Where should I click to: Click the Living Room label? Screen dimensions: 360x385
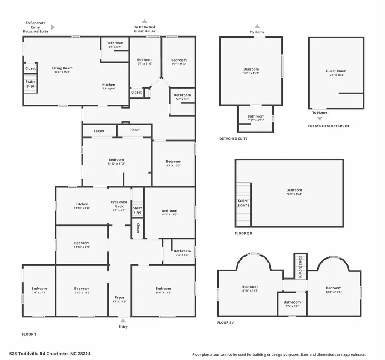[62, 68]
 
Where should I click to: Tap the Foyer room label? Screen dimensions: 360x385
[120, 298]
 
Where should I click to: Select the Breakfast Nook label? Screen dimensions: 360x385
[119, 202]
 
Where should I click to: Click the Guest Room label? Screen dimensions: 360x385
[336, 71]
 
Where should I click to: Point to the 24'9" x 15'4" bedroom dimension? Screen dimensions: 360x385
[294, 194]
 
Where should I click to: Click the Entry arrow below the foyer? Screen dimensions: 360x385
[123, 320]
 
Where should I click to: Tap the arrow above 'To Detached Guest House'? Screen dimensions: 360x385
[145, 21]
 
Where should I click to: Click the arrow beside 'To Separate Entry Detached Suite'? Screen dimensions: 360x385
[53, 27]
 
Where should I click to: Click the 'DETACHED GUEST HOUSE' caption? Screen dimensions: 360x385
[329, 126]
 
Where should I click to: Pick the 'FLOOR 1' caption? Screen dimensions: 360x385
[29, 334]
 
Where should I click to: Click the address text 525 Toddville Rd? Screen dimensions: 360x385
[50, 354]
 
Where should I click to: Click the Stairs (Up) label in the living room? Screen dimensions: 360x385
[30, 84]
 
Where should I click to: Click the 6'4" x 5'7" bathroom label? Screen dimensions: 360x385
[115, 47]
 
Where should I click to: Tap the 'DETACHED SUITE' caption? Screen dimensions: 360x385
[233, 139]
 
